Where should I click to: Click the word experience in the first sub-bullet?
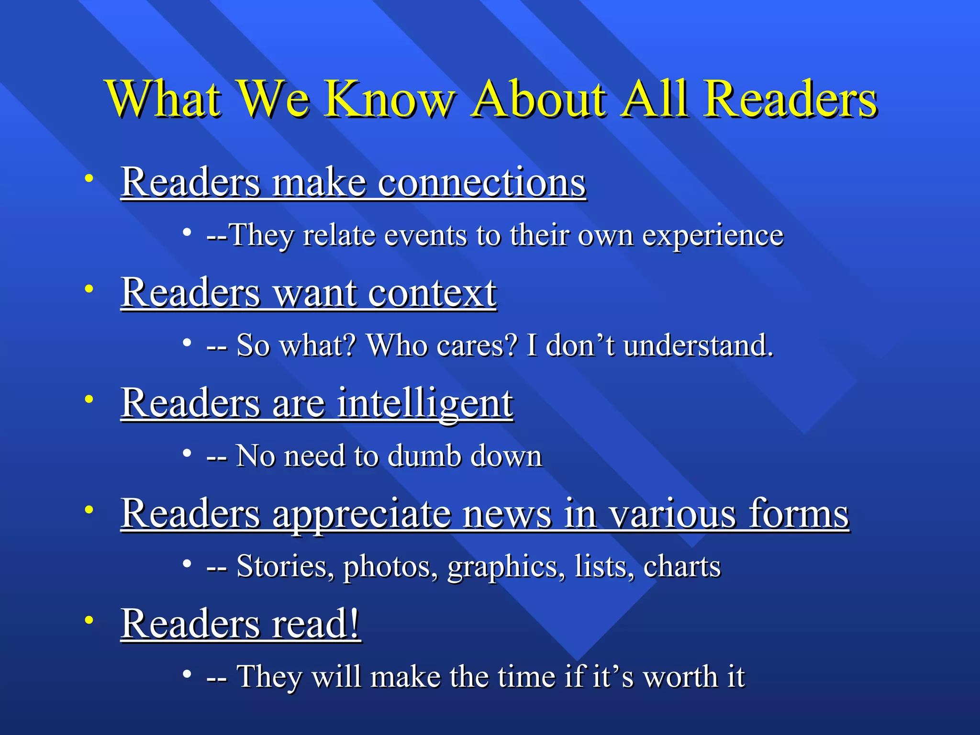pos(713,235)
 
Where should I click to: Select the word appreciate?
pos(362,513)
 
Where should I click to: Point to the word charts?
pos(682,567)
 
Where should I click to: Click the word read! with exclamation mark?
pos(316,624)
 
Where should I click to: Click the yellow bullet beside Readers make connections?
pos(89,179)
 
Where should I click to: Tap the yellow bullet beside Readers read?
pos(89,620)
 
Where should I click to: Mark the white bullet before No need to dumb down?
pos(187,453)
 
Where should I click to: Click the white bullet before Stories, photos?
pos(187,564)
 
